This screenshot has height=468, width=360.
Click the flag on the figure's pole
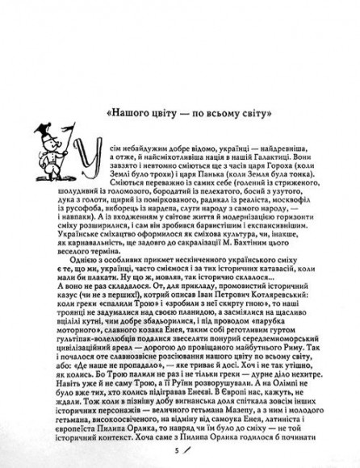coord(55,126)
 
